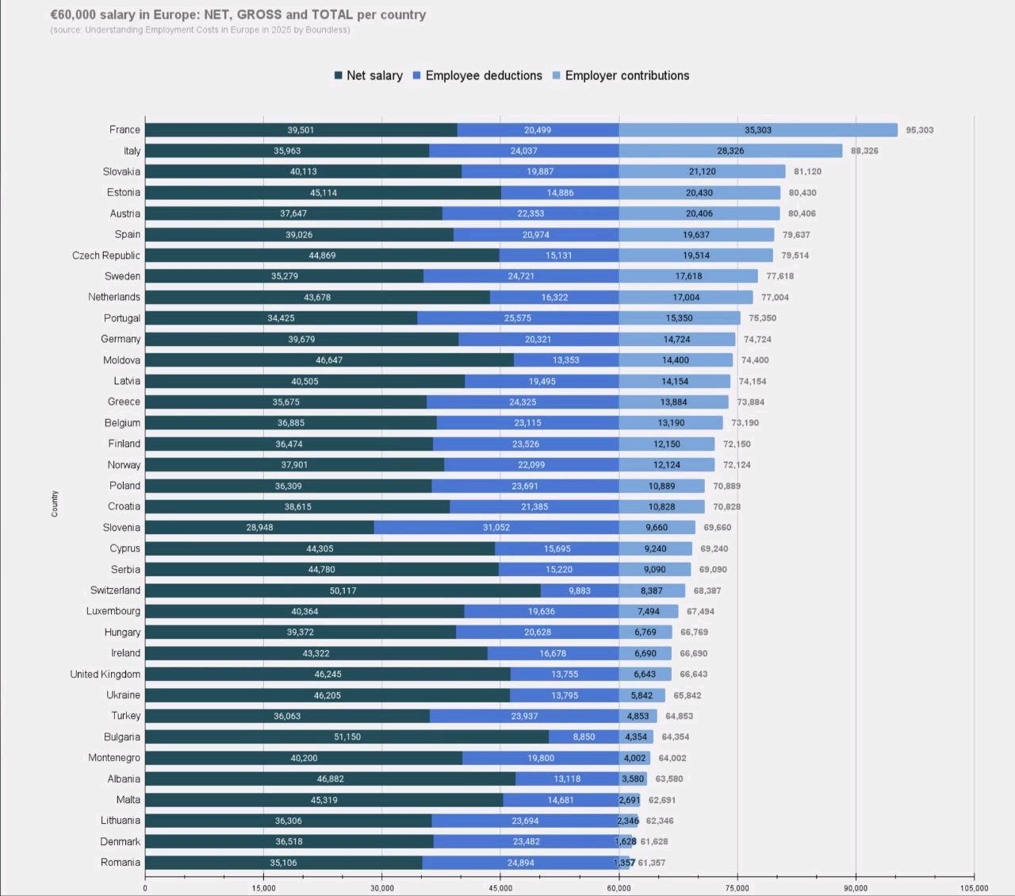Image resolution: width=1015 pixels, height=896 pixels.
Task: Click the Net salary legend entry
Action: (x=369, y=75)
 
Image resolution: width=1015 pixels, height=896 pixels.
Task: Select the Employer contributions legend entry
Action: (x=621, y=75)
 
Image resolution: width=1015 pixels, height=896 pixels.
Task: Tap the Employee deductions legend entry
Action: (x=477, y=75)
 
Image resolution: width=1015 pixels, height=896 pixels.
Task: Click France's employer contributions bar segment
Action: (x=758, y=130)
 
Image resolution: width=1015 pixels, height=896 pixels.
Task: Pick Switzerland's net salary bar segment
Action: (x=343, y=590)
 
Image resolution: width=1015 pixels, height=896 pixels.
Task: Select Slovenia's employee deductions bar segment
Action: (x=496, y=528)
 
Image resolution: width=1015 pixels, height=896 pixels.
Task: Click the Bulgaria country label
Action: (x=122, y=737)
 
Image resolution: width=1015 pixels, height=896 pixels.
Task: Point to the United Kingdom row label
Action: (x=105, y=675)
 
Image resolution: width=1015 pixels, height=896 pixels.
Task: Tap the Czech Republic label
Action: (x=106, y=256)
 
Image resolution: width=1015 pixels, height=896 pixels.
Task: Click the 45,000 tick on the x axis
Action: (x=500, y=888)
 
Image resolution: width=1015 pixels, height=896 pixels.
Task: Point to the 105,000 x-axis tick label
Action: (x=975, y=888)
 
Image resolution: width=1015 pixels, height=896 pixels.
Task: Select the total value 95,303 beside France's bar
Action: (x=920, y=130)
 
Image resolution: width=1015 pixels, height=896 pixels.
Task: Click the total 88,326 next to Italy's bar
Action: (x=864, y=151)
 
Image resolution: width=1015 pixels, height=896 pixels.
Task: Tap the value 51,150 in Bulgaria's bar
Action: (x=347, y=737)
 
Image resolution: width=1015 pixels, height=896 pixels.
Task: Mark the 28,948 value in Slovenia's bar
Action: (x=260, y=528)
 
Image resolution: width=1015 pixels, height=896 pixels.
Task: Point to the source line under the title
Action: (x=200, y=30)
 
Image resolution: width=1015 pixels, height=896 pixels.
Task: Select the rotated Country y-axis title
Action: (x=55, y=504)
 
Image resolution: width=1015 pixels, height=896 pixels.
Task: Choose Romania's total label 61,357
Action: (x=652, y=863)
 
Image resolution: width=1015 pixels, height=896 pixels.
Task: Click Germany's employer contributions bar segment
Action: (x=677, y=340)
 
